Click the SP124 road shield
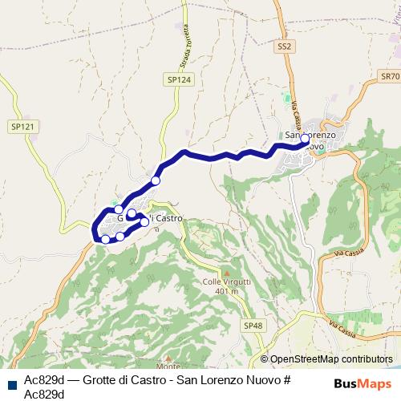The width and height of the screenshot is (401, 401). coord(180,79)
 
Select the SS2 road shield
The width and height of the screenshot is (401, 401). coord(283,47)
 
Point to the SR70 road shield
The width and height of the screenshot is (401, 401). coord(390,76)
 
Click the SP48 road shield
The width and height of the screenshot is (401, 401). coord(253,325)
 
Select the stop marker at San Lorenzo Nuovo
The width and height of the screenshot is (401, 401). coord(305,138)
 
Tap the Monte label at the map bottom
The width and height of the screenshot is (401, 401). coord(168,365)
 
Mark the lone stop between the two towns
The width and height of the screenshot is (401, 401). coord(156,181)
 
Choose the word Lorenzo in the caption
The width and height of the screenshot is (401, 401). coord(217,379)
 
